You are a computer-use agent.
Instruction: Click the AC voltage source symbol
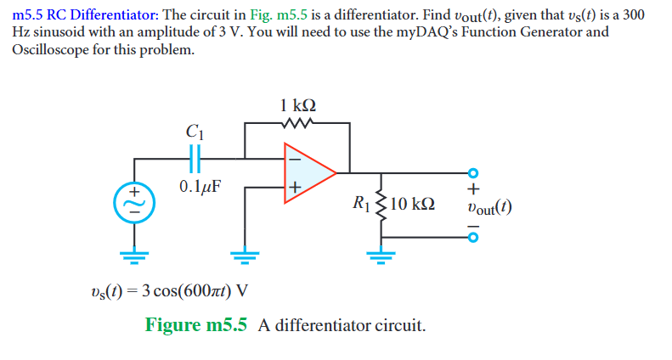pos(133,202)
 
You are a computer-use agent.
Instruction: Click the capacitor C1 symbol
pos(193,159)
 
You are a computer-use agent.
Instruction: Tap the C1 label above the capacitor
pos(193,132)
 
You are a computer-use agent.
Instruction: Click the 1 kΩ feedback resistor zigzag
pos(297,124)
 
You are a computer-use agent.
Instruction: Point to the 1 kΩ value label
pos(297,106)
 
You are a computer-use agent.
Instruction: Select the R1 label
pos(360,204)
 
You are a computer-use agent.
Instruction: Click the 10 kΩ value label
pos(415,204)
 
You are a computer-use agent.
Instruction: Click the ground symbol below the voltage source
pos(133,254)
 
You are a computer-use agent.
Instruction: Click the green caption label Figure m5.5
pos(195,325)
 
